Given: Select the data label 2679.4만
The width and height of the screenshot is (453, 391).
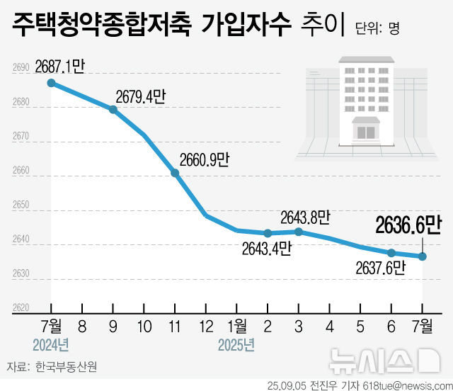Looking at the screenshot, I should click(x=139, y=97).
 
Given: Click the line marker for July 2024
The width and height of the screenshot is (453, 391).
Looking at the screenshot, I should click(x=51, y=83).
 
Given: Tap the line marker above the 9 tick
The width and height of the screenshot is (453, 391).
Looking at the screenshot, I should click(x=113, y=109).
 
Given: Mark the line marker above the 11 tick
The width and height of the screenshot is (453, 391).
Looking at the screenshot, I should click(x=175, y=173).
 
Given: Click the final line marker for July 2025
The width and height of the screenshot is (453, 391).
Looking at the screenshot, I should click(x=423, y=256).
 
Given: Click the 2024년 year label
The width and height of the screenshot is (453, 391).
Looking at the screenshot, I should click(x=51, y=345).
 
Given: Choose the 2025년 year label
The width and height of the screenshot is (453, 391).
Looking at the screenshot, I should click(x=236, y=345).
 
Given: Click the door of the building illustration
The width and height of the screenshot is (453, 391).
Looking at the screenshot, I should click(x=367, y=132).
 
